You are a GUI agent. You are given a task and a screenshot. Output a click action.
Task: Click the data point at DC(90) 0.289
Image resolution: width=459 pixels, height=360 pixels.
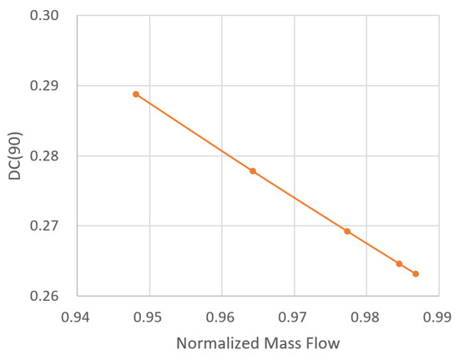(136, 94)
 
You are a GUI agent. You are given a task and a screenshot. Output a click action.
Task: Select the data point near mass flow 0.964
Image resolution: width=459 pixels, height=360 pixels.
(253, 171)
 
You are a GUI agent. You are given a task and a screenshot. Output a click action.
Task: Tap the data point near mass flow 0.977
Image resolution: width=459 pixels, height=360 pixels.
(347, 231)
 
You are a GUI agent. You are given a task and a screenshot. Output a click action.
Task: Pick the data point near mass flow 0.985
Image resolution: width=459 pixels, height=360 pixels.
(399, 264)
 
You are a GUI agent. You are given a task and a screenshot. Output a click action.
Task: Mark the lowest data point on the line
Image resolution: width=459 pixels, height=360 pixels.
(416, 274)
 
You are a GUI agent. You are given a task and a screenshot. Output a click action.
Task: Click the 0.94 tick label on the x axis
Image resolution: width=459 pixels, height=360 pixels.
(78, 317)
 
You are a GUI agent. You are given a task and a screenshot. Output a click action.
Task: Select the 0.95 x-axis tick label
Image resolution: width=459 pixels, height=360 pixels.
(149, 317)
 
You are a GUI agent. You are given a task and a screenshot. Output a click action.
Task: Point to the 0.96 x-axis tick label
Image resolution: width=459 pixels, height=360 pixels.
(222, 317)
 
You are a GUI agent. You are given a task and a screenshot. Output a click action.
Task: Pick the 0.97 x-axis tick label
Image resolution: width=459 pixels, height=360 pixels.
(294, 317)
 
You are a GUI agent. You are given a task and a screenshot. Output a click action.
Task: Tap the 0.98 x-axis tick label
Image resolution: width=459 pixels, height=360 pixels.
(366, 317)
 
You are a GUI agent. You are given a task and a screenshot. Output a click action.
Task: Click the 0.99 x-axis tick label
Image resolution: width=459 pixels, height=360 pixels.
(438, 317)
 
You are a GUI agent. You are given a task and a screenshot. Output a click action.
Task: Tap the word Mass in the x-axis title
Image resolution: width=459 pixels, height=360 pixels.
(283, 345)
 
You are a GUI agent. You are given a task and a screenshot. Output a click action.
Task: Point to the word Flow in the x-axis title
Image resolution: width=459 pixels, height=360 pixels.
(324, 345)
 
